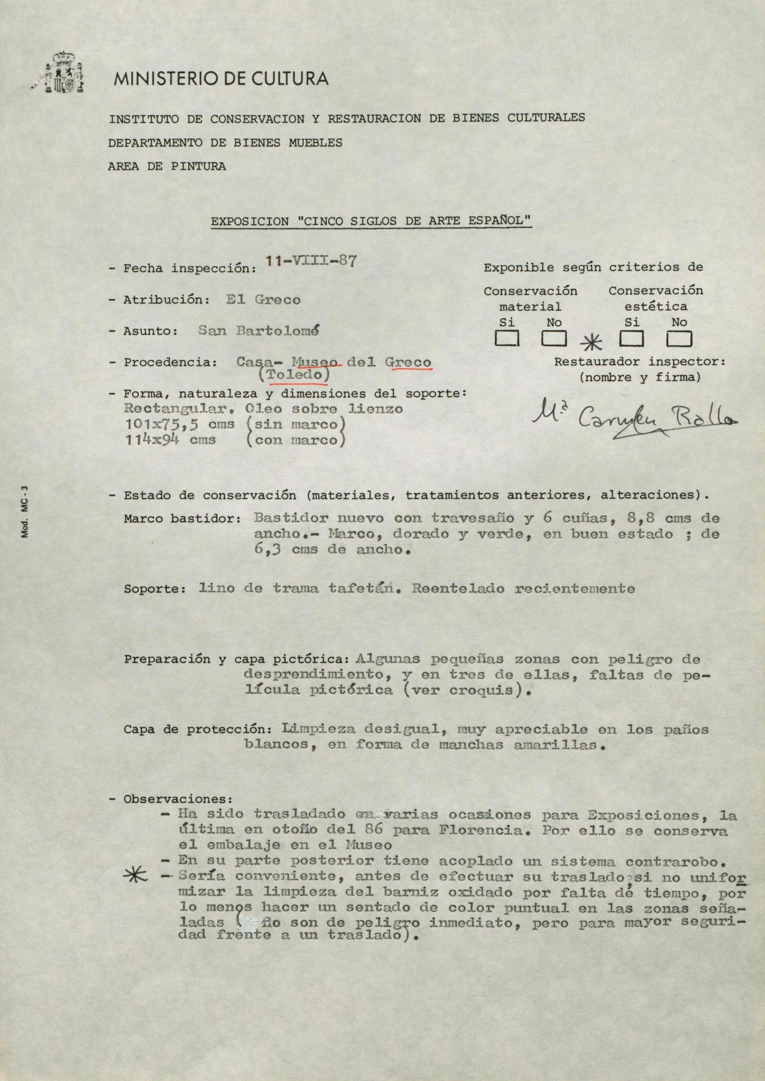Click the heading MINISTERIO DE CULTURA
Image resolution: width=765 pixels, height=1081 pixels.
[221, 79]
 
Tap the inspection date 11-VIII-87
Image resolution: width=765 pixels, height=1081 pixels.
[310, 261]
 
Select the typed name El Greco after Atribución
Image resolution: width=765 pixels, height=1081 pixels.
[263, 300]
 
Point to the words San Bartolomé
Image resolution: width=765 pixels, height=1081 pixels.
[258, 331]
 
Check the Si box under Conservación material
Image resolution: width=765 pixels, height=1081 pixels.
[507, 339]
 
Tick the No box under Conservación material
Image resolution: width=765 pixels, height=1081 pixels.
[554, 339]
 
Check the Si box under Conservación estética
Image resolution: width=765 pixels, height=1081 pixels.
[632, 339]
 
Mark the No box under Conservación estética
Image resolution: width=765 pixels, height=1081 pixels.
[679, 339]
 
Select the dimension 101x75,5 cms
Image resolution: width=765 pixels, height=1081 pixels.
[179, 425]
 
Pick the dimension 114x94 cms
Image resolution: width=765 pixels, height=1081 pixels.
[170, 440]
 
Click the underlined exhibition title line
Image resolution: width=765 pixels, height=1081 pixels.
[371, 222]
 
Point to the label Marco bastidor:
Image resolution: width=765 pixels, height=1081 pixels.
[182, 519]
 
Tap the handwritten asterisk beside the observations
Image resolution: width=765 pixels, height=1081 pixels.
[138, 876]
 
